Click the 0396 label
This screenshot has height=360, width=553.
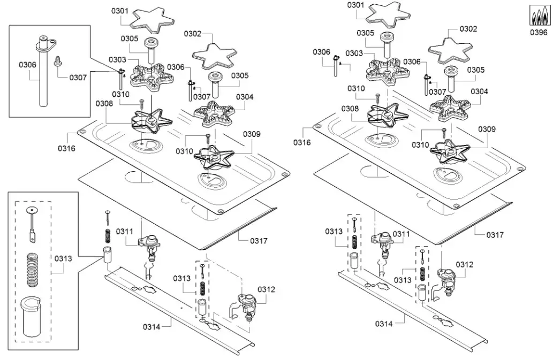(539, 32)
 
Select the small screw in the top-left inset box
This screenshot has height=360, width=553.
(57, 63)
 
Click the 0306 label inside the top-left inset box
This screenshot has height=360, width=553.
(27, 64)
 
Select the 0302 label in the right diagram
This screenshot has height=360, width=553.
(468, 29)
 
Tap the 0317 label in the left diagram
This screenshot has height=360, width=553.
(259, 241)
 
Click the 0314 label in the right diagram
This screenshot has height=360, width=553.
(384, 324)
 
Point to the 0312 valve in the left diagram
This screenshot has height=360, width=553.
(247, 304)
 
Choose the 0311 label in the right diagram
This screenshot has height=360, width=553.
(401, 234)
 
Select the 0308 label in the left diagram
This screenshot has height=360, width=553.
(105, 104)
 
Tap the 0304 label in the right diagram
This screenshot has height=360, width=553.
(479, 91)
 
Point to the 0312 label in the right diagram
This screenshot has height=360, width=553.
(465, 264)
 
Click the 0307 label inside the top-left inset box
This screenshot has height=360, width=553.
(78, 78)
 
